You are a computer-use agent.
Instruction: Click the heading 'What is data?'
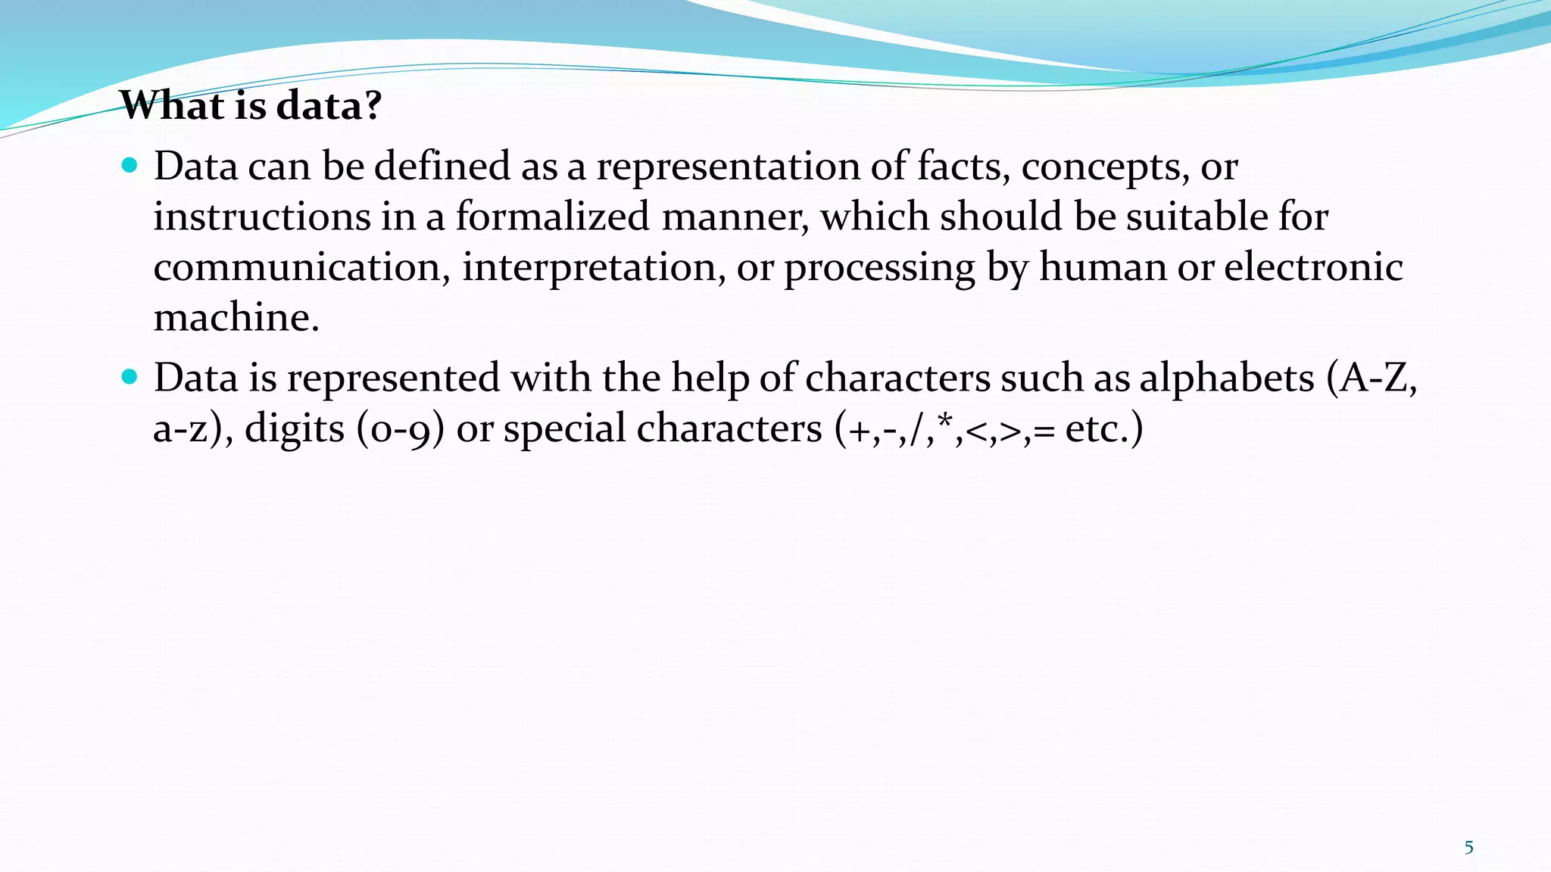(251, 105)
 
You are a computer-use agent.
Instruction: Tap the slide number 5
(1468, 847)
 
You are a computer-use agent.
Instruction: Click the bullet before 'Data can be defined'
(130, 164)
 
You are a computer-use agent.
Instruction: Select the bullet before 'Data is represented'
(130, 375)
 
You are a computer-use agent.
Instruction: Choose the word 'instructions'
(262, 216)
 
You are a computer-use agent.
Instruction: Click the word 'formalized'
(552, 216)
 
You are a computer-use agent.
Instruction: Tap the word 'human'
(1102, 267)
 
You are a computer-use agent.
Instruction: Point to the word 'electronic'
(1313, 267)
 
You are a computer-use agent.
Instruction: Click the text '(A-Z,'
(1372, 378)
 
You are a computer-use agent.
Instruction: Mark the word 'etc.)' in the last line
(1104, 429)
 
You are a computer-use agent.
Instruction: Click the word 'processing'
(879, 269)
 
